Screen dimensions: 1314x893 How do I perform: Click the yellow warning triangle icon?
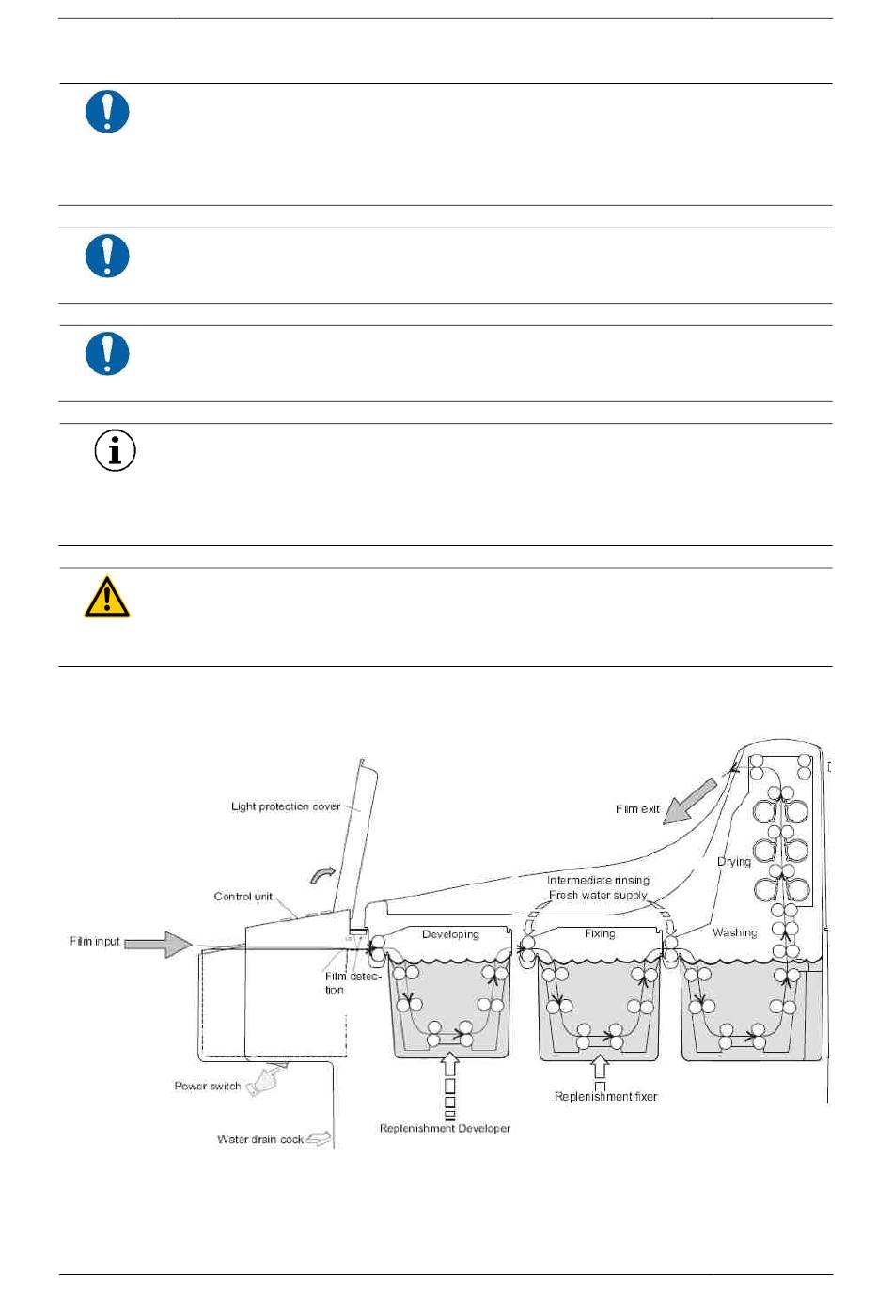point(107,598)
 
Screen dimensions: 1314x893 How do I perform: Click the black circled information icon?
point(115,451)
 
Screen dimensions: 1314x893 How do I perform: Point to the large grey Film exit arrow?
point(690,802)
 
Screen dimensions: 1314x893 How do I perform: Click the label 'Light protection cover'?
point(286,806)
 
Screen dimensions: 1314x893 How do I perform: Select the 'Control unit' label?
point(243,897)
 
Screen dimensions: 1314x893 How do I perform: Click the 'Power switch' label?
point(208,1087)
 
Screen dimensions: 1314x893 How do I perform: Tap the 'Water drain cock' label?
point(260,1140)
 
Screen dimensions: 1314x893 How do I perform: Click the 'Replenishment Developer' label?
point(445,1129)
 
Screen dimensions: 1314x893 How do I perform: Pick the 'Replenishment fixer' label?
point(605,1097)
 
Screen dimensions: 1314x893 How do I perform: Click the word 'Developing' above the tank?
point(450,934)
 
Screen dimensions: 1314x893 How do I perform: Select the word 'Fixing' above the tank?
point(600,933)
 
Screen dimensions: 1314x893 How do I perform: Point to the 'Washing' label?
point(734,932)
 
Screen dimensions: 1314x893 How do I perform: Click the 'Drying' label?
point(734,862)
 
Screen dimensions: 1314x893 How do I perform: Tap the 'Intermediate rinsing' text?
point(598,881)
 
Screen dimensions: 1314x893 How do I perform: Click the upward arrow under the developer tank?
point(449,1065)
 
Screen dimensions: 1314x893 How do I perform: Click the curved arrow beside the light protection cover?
point(322,875)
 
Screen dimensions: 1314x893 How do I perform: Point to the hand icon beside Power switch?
point(267,1080)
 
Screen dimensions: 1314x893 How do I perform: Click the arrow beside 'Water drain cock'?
point(320,1139)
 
